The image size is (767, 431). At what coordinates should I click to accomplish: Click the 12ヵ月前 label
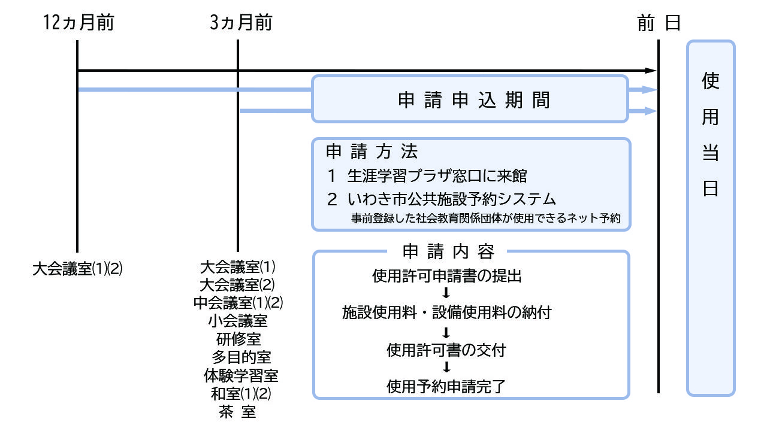coord(78,23)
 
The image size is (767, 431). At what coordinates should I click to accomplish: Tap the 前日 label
coord(659,23)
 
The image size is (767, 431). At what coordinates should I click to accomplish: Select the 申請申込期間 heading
coord(473,100)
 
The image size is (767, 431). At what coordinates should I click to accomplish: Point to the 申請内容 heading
coord(448,252)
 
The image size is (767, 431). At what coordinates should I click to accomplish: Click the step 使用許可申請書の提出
coord(447,276)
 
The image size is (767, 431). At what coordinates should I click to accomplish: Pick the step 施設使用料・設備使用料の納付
coord(446,312)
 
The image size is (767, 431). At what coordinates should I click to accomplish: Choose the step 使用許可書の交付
coord(446,349)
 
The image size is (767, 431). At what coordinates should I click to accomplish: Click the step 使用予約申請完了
coord(446,386)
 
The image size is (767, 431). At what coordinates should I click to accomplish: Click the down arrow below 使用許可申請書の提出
coord(446,293)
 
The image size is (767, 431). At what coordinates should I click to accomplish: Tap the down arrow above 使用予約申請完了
coord(446,368)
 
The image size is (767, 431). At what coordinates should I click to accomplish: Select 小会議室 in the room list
coord(238,321)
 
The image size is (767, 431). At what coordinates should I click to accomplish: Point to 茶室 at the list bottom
coord(238,412)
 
